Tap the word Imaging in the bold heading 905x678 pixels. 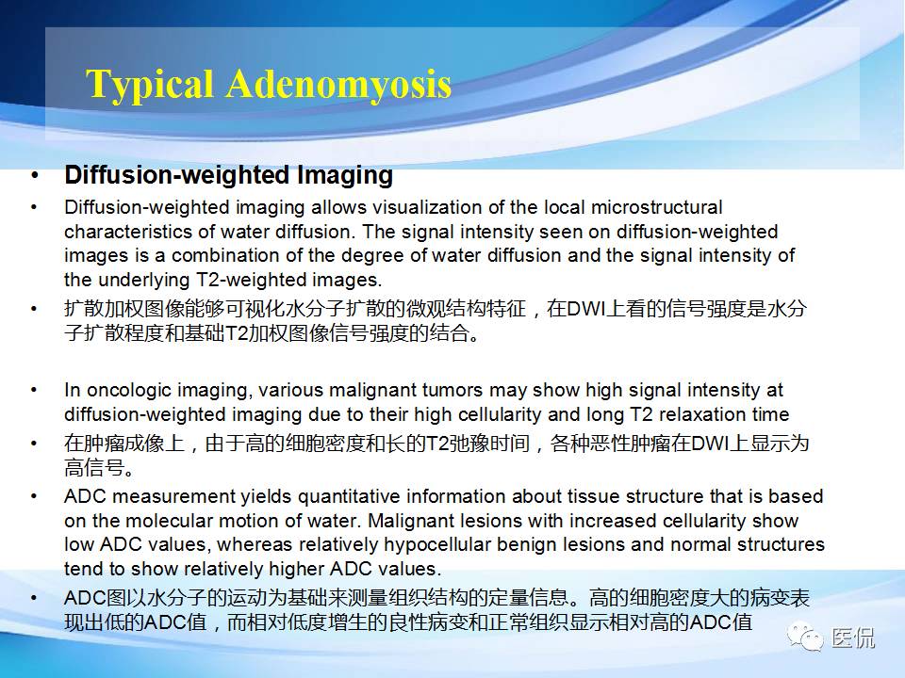[345, 176]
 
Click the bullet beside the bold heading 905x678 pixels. [36, 176]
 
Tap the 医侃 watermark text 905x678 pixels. [853, 638]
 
